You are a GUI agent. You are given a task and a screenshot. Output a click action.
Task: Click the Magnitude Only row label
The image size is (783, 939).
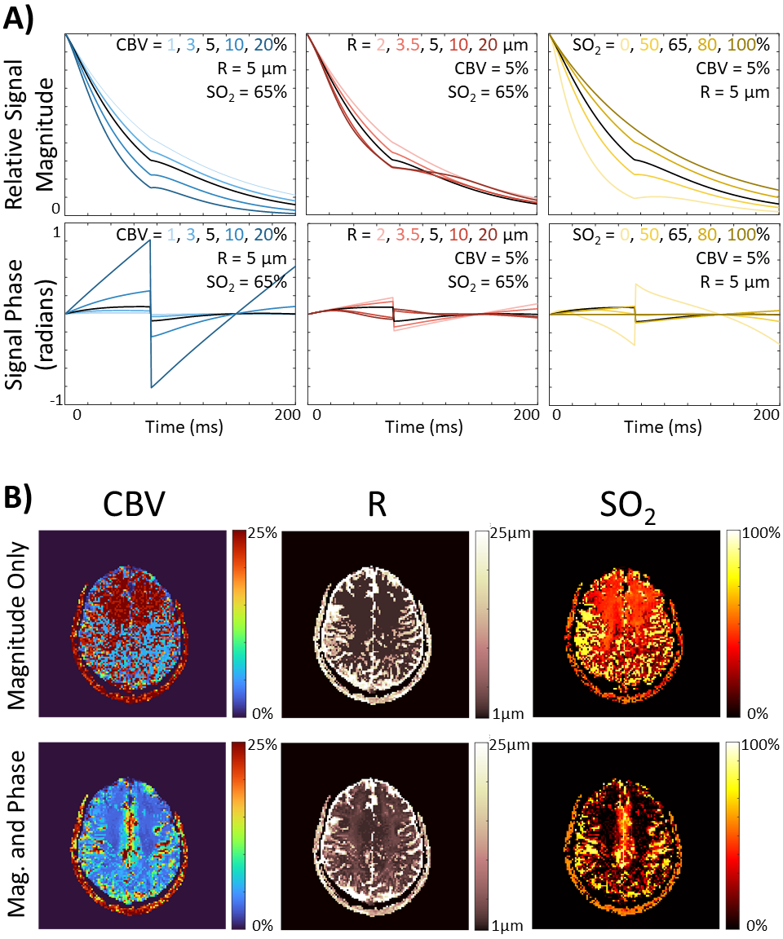pyautogui.click(x=18, y=624)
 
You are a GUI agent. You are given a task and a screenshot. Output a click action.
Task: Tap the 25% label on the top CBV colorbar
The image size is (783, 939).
pyautogui.click(x=263, y=534)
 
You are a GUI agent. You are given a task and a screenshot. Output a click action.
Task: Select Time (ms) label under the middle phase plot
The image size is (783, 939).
pyautogui.click(x=423, y=426)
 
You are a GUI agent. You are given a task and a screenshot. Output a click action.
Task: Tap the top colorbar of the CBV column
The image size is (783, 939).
pyautogui.click(x=238, y=624)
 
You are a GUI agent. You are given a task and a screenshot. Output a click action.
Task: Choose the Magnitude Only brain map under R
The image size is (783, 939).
pyautogui.click(x=375, y=624)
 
